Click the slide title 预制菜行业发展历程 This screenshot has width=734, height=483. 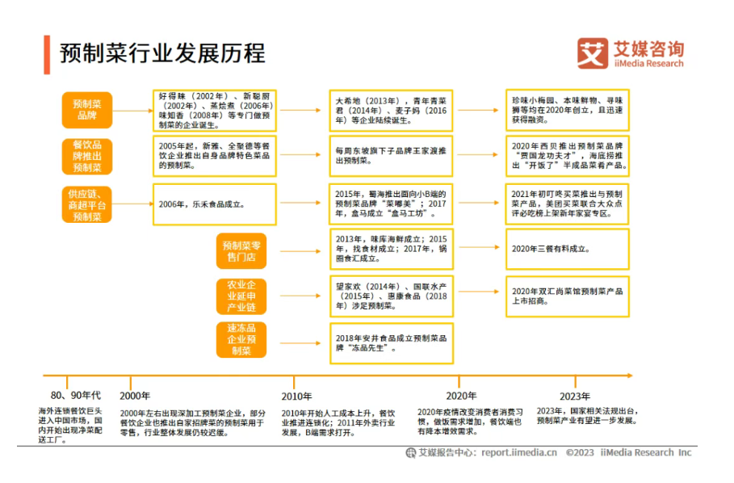coord(161,53)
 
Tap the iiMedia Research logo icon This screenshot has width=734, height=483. coord(592,53)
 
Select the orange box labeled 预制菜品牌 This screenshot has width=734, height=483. coord(87,110)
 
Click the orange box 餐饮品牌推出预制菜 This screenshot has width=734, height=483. coord(87,156)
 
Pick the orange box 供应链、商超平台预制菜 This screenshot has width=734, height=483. coord(87,204)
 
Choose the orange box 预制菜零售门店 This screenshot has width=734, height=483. coord(239,251)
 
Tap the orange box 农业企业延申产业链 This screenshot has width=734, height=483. coord(241,296)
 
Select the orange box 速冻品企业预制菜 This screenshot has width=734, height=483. coord(241,340)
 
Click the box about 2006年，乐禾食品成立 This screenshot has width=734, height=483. coord(214,204)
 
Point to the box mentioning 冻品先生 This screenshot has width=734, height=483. coord(391,342)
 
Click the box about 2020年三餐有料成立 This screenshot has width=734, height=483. coord(567,250)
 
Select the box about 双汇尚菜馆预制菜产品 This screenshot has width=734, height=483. coord(567,296)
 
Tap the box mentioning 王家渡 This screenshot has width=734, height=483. coord(391,156)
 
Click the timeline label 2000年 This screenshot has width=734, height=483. coord(135,396)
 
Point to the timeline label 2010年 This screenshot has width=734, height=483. coord(296,396)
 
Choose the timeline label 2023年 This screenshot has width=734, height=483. coord(575,396)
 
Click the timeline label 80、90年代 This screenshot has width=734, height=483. coord(75,395)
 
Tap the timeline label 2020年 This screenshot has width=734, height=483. coord(461,396)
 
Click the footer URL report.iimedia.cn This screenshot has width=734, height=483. coord(519,453)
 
